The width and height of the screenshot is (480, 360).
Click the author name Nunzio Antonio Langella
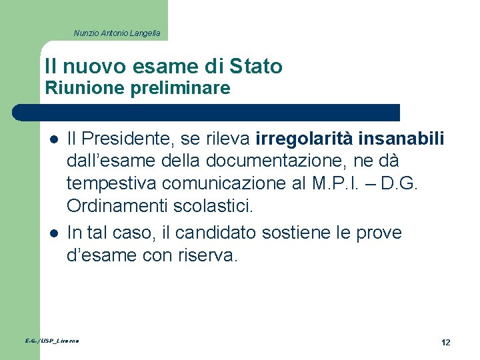click(x=117, y=33)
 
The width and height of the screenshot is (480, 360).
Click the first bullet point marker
click(x=53, y=139)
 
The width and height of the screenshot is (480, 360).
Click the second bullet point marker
click(x=53, y=233)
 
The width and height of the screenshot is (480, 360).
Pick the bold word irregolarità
click(x=303, y=139)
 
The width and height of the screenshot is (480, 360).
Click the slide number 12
click(x=445, y=342)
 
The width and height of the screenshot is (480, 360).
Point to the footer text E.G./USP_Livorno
click(x=52, y=341)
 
